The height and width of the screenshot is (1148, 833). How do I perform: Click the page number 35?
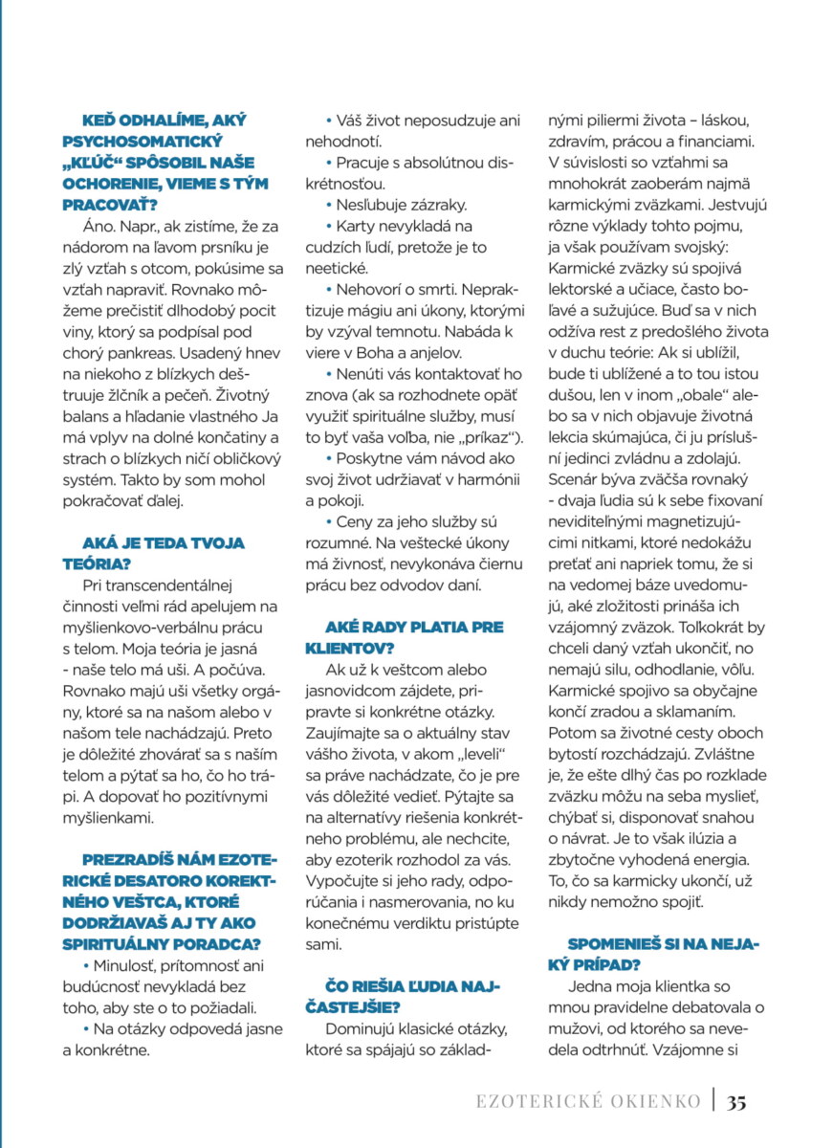[735, 1101]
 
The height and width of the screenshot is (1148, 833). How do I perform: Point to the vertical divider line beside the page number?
[713, 1100]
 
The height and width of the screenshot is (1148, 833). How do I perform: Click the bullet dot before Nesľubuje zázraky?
[328, 205]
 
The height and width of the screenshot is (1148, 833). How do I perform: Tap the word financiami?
[717, 142]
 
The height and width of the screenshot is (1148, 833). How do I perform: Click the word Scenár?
[574, 478]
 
